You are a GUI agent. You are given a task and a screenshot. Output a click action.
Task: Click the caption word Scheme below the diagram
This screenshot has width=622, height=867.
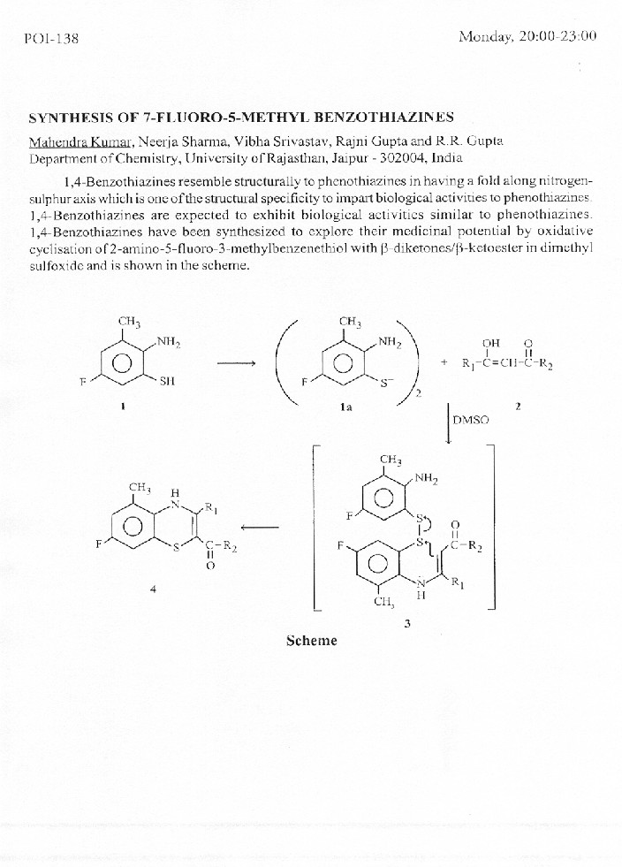(311, 641)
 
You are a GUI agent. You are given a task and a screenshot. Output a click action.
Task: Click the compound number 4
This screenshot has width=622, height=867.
(154, 590)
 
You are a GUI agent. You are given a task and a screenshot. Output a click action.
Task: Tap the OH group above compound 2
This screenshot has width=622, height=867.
(491, 344)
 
